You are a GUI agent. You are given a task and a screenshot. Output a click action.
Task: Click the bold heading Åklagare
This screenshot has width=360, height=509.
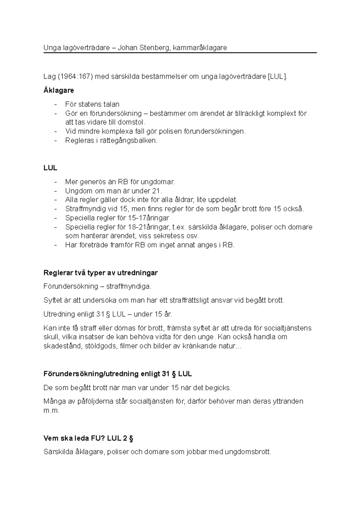59,90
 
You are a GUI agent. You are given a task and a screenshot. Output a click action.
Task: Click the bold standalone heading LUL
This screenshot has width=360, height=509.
50,168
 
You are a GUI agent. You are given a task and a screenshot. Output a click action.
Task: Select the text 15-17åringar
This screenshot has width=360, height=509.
147,218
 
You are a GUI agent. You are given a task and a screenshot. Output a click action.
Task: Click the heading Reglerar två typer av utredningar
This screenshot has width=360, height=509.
100,273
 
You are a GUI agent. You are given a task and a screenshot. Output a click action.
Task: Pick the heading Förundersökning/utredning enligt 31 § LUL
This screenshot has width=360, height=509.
118,374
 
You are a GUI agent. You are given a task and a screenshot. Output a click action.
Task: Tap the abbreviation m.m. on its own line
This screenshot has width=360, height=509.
51,411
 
